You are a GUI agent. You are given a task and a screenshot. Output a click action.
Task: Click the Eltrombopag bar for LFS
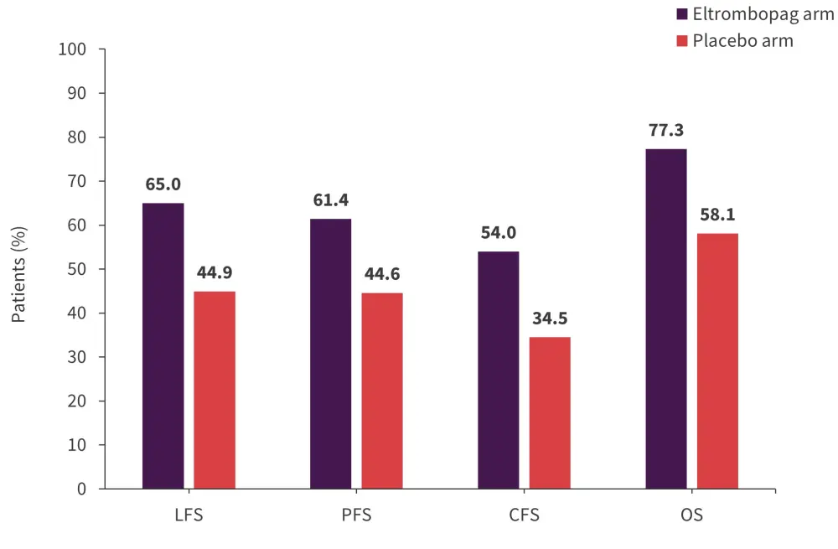tap(163, 345)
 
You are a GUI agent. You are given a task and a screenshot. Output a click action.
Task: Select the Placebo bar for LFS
tap(215, 390)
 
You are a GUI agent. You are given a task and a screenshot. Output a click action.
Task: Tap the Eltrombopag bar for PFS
tap(330, 353)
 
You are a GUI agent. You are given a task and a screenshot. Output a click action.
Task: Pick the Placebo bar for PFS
tap(382, 391)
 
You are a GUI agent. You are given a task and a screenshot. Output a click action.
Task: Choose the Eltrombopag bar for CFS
tap(498, 370)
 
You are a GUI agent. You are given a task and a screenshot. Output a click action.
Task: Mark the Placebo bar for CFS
tap(550, 412)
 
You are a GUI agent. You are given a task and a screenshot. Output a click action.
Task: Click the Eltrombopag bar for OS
tap(665, 319)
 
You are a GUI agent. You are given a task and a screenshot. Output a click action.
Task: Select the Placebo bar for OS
tap(717, 360)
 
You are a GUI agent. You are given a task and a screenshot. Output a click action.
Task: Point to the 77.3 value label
tap(666, 131)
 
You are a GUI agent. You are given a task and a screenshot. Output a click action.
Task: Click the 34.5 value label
tap(550, 319)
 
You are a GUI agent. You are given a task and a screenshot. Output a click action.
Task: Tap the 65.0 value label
tap(163, 184)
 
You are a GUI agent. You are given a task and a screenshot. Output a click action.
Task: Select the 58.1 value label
tap(717, 215)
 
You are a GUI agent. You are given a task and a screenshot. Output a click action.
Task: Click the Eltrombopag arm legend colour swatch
tap(682, 14)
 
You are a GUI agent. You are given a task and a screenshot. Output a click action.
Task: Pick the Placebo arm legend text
tap(742, 40)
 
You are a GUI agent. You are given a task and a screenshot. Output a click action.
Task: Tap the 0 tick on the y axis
tap(81, 489)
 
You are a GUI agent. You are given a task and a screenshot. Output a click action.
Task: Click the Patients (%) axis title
tap(19, 274)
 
